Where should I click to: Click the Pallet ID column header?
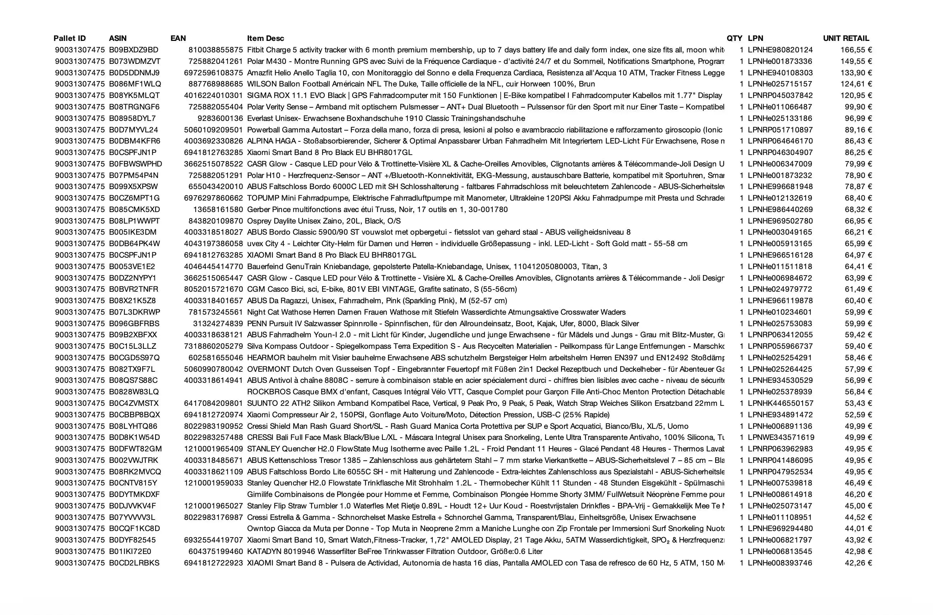(70, 38)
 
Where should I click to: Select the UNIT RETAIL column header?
(846, 38)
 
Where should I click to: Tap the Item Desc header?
(265, 38)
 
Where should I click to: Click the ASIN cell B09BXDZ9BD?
(134, 50)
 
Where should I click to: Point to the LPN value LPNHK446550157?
(780, 403)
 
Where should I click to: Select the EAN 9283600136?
(220, 118)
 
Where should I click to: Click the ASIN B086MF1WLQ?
(135, 84)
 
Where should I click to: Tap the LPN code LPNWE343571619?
(781, 437)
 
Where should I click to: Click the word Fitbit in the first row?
(256, 50)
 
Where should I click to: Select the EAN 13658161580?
(218, 210)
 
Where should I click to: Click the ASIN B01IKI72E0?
(130, 551)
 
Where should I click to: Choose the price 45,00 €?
(858, 506)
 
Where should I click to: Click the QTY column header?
(734, 38)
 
